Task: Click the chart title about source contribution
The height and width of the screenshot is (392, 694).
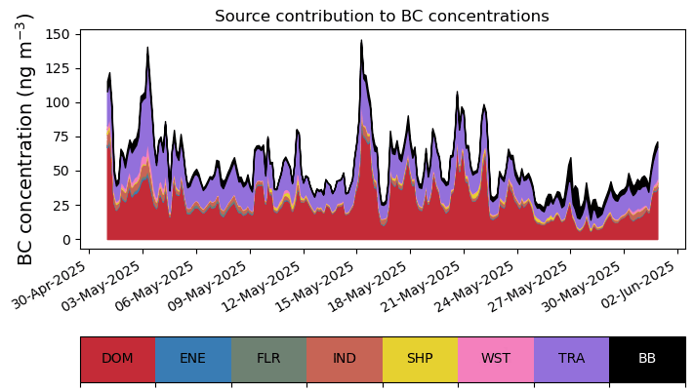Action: (382, 16)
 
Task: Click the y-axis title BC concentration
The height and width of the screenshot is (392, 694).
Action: (25, 138)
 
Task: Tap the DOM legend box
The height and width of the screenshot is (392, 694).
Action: (117, 358)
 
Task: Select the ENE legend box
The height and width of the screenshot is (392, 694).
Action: (193, 358)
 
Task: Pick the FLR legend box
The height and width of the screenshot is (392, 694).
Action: (268, 358)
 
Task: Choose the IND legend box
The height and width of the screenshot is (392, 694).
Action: (345, 358)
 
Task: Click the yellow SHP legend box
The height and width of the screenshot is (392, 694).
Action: (420, 358)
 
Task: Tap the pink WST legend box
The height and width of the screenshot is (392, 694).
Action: (496, 358)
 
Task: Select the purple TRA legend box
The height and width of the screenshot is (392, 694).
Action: (571, 358)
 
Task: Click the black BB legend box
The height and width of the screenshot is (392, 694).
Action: (647, 358)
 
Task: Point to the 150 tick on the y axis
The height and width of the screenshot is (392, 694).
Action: (58, 34)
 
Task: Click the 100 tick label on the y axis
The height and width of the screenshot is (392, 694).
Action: (58, 102)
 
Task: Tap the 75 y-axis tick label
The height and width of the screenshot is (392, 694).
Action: (61, 137)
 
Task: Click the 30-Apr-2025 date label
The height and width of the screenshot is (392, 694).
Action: (56, 283)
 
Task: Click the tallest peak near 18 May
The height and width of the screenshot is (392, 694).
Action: (361, 41)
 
